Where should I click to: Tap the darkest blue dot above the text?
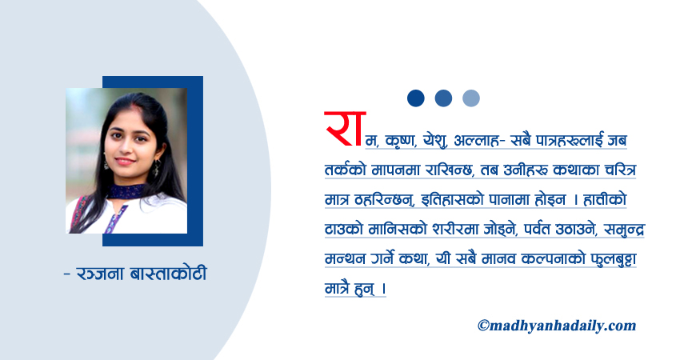point(415,98)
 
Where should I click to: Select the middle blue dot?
point(443,98)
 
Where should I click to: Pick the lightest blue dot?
point(471,98)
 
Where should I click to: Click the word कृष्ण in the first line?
point(402,142)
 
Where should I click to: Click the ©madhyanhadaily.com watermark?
point(556,326)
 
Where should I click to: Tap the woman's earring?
point(155,168)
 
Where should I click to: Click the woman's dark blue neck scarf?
point(128,191)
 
